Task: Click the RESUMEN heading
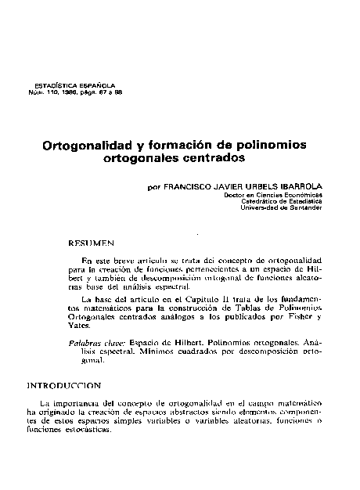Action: point(92,243)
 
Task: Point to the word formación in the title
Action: point(194,146)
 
